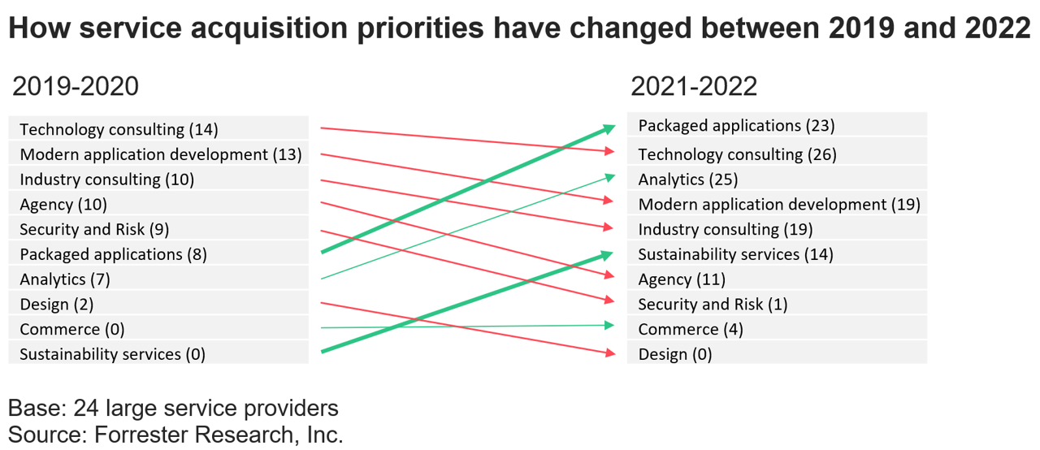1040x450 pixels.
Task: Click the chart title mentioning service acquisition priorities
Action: [518, 28]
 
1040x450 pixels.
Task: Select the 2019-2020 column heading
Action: [75, 86]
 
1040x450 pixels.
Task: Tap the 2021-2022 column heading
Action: [694, 86]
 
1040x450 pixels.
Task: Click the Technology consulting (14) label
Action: [119, 129]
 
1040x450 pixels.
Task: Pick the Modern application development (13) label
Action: [160, 154]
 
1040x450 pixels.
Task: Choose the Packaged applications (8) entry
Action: [113, 254]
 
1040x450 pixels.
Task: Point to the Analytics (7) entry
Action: [65, 279]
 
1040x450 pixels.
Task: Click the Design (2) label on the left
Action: [57, 305]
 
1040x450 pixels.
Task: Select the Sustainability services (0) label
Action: [112, 354]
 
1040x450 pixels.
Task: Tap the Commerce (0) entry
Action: [71, 329]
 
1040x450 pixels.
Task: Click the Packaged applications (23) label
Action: [736, 125]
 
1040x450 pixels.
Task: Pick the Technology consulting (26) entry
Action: [737, 154]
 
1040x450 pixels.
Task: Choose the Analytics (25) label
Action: [687, 180]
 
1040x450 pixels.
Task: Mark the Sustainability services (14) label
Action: [735, 254]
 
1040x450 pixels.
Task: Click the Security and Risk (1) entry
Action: [713, 304]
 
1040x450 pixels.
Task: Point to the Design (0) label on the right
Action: [674, 354]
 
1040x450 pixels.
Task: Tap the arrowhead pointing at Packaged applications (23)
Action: [609, 128]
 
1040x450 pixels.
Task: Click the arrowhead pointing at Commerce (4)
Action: [609, 325]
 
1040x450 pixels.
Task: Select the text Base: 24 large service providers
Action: [173, 408]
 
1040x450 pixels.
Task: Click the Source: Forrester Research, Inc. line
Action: [175, 435]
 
